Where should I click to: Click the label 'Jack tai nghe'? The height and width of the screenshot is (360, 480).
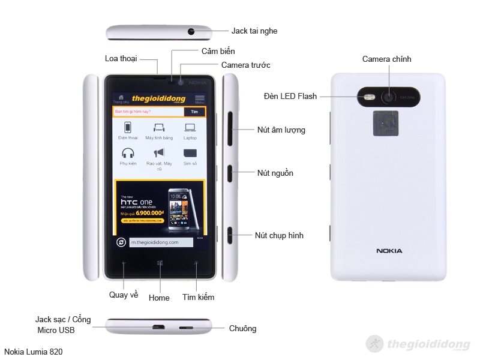[254, 31]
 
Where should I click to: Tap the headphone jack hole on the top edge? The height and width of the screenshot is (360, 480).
[192, 31]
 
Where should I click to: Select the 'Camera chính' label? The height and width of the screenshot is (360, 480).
[386, 59]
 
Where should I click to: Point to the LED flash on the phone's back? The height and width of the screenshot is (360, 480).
[370, 96]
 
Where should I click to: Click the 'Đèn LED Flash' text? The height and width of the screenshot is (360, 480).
[290, 96]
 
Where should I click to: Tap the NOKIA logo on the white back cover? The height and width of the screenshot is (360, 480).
[389, 251]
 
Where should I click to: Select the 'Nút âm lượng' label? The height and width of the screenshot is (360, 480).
[281, 130]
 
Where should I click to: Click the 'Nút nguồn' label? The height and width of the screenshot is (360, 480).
[275, 173]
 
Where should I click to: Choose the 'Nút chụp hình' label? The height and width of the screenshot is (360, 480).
[279, 235]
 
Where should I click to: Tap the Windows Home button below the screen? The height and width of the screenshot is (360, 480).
[160, 263]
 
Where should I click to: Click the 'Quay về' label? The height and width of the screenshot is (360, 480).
[124, 295]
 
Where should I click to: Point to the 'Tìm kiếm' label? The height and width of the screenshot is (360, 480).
[198, 297]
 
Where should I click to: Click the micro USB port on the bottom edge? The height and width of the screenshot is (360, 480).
[158, 328]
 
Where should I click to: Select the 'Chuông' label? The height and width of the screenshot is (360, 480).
[242, 328]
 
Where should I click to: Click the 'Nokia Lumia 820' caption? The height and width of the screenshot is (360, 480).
[33, 352]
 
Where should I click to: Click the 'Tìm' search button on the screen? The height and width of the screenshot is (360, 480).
[194, 112]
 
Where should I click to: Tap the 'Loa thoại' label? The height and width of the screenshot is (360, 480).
[121, 58]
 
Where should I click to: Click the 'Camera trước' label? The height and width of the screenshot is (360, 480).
[245, 65]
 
